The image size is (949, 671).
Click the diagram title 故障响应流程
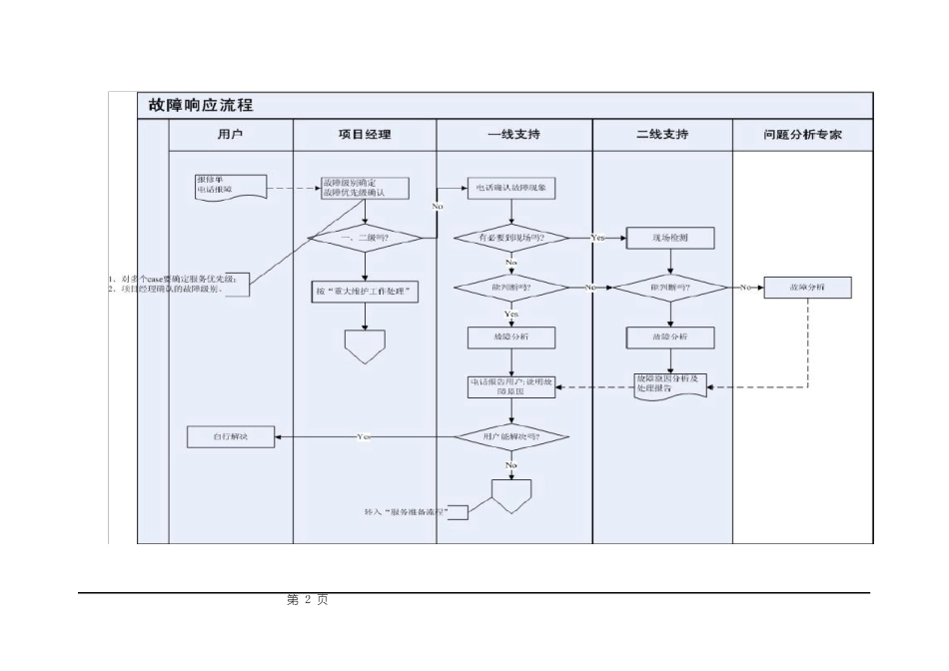pyautogui.click(x=201, y=105)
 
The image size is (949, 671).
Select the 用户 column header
pyautogui.click(x=230, y=134)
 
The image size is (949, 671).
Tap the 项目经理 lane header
pyautogui.click(x=365, y=134)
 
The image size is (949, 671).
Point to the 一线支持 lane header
pyautogui.click(x=513, y=134)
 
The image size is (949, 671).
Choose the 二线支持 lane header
pyautogui.click(x=662, y=134)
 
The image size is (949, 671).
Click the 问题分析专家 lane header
pyautogui.click(x=802, y=134)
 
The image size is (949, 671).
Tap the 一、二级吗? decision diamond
pyautogui.click(x=365, y=238)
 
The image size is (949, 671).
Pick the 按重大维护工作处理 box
pyautogui.click(x=365, y=292)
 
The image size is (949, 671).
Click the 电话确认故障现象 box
pyautogui.click(x=511, y=188)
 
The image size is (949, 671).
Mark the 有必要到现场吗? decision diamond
pyautogui.click(x=511, y=238)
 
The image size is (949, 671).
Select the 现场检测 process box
pyautogui.click(x=669, y=238)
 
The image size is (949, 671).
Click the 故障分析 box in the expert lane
pyautogui.click(x=807, y=288)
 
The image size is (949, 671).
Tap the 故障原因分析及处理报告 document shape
pyautogui.click(x=670, y=385)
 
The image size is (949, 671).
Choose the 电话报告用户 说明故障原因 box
pyautogui.click(x=511, y=386)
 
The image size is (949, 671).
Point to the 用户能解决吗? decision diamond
pyautogui.click(x=511, y=436)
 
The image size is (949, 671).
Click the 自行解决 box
pyautogui.click(x=231, y=436)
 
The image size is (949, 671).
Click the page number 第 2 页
pyautogui.click(x=307, y=600)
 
